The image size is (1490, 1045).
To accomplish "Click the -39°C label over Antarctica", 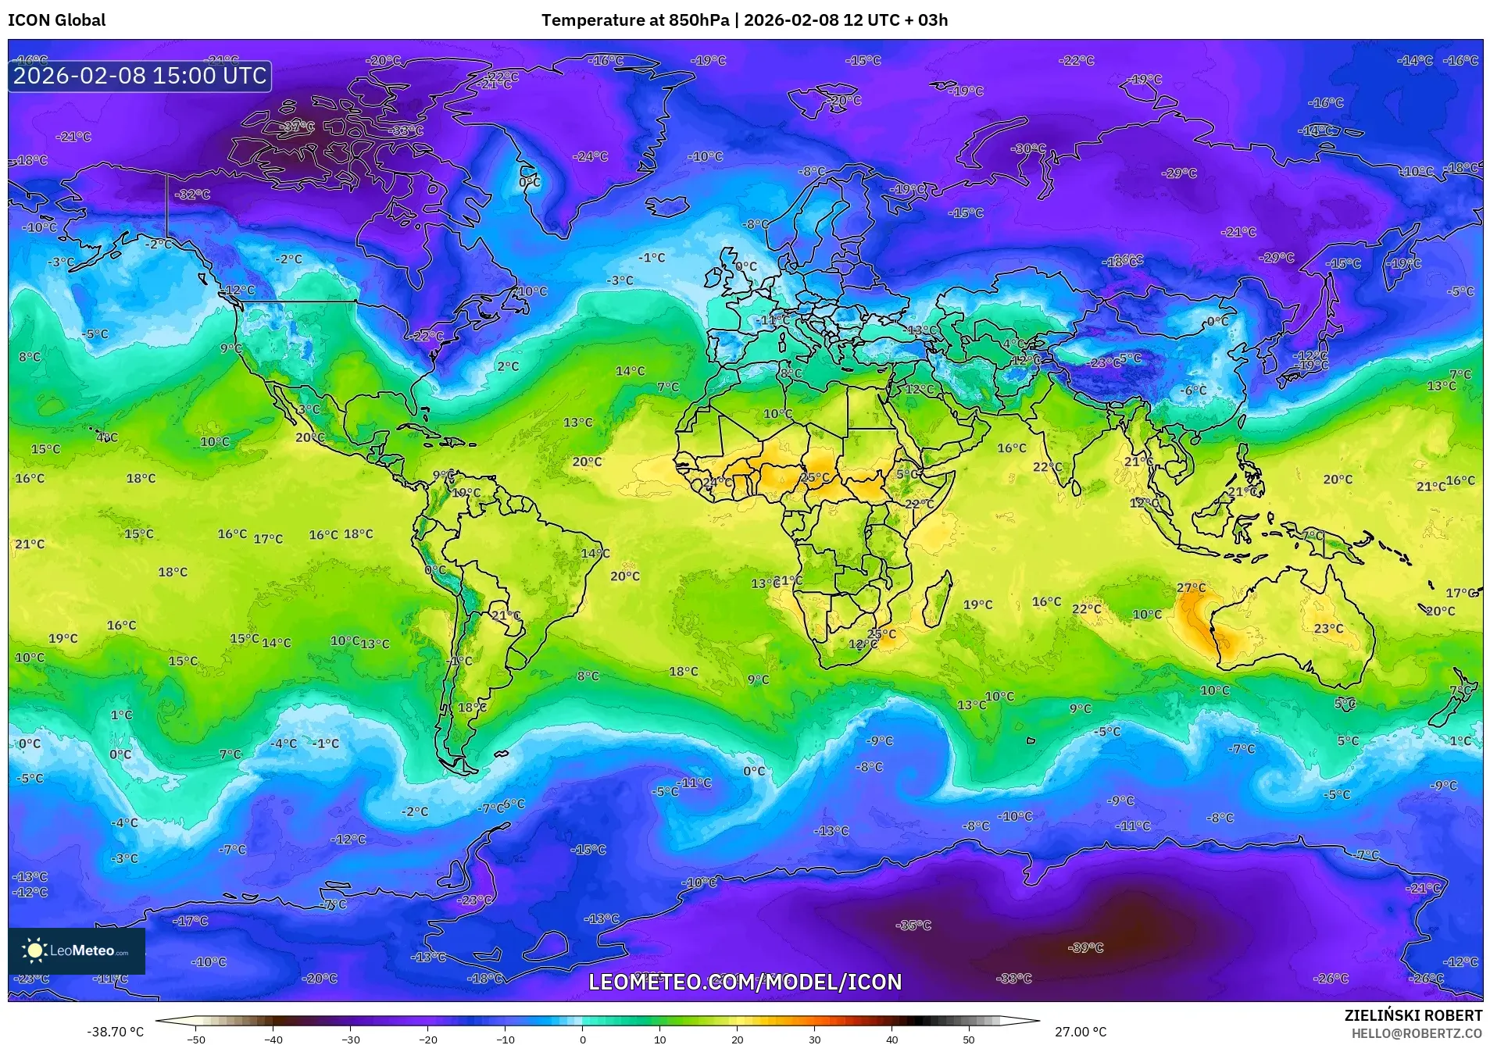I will [1085, 947].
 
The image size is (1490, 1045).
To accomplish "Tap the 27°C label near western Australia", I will [1191, 587].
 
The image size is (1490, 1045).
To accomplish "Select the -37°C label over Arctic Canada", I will [297, 126].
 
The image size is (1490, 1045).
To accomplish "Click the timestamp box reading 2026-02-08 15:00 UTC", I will [140, 76].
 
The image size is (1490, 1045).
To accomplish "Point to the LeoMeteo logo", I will [77, 950].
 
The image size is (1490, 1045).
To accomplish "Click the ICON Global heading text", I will [56, 20].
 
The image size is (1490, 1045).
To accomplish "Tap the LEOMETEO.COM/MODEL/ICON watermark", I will [745, 982].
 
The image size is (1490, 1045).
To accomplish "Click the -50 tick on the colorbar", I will [196, 1039].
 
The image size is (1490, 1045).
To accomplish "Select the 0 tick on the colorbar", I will [582, 1039].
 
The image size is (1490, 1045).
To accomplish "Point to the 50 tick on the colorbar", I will [968, 1039].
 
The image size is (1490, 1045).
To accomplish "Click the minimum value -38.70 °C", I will [115, 1032].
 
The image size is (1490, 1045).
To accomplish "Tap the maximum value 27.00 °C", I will [1080, 1032].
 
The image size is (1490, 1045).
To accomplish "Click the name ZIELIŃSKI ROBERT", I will [1413, 1015].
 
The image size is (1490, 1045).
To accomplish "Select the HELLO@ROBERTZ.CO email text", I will [1417, 1033].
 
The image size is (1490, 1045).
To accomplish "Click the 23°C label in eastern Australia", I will [1328, 628].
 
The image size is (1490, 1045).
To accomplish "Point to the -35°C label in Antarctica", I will [913, 925].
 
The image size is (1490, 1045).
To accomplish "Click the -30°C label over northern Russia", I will [1027, 148].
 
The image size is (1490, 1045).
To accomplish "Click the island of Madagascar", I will [938, 600].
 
